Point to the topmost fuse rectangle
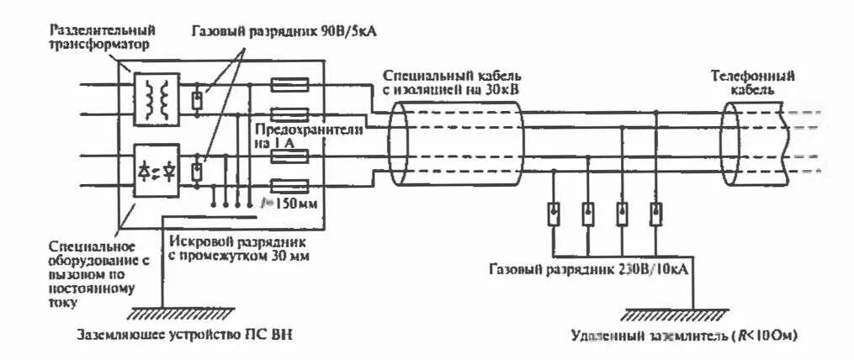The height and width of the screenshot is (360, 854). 288,84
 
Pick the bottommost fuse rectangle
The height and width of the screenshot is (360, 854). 288,187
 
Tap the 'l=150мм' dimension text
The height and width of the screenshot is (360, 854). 286,204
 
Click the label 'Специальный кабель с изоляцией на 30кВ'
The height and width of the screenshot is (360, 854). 454,82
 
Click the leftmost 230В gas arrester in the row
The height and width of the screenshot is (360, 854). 554,214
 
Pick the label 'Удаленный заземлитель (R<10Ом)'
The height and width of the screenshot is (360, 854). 684,336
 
